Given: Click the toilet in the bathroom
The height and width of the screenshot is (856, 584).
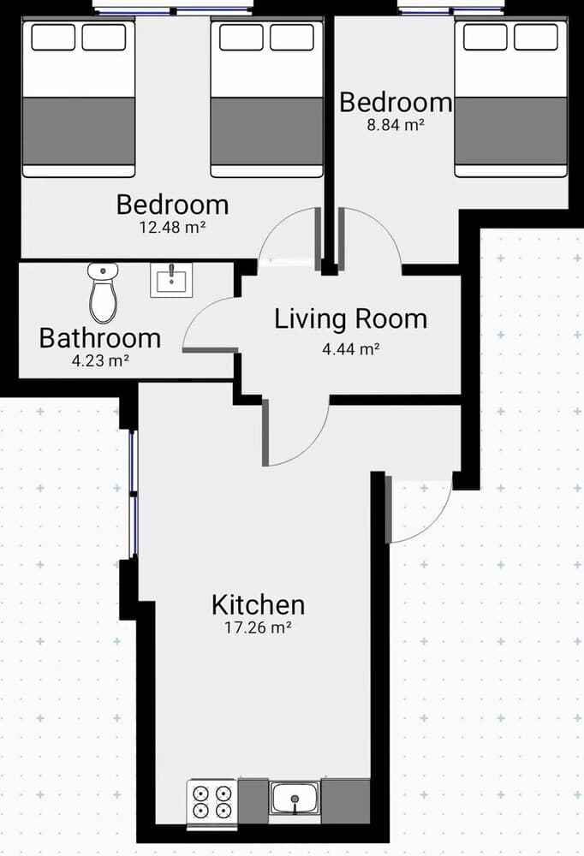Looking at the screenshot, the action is (x=103, y=293).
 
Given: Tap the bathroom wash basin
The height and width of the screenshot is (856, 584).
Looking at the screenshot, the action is (x=171, y=280).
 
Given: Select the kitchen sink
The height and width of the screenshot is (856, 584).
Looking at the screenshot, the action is (x=295, y=798).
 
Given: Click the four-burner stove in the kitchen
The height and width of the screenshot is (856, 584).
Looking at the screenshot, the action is (x=212, y=801).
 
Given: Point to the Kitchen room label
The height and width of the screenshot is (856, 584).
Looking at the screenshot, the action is (x=258, y=605).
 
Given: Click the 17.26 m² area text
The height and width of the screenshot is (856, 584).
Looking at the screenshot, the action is (x=258, y=627).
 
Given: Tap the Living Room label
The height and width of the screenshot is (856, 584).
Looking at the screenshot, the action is (x=350, y=318).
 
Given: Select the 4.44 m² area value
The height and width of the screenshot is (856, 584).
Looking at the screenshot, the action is (x=350, y=348).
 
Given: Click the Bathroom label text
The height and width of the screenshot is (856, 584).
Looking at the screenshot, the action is (x=100, y=338).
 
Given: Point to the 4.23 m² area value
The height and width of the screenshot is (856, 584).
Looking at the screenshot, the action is (x=100, y=360).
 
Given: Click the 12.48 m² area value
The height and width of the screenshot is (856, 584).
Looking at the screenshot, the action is (x=172, y=227).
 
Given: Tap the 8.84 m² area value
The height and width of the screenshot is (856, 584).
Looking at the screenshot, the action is (x=396, y=125).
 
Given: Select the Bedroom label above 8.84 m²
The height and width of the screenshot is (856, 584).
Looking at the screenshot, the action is (x=396, y=102).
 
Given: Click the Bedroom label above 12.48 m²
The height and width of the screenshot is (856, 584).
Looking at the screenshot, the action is (x=172, y=205).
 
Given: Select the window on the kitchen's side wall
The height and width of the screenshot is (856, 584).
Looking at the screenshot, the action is (x=132, y=494).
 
